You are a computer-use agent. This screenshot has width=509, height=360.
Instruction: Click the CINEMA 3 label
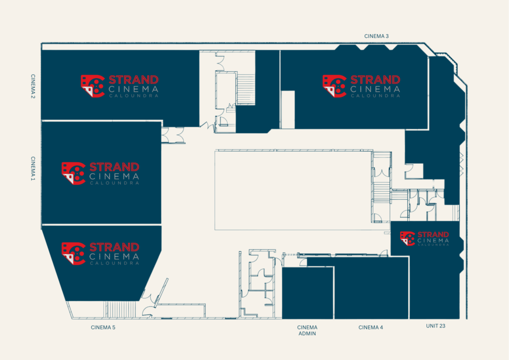(x=376, y=36)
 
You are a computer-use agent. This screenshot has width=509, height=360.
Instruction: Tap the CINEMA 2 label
(x=33, y=87)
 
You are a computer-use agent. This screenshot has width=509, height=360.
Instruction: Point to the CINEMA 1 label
(x=33, y=168)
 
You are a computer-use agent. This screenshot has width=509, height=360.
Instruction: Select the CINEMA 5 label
(x=103, y=327)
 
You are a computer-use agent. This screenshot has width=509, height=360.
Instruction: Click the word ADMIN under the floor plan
(x=307, y=333)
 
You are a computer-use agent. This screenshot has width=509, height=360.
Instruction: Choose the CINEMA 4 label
(x=371, y=327)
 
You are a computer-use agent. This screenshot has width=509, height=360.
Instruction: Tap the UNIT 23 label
(x=435, y=326)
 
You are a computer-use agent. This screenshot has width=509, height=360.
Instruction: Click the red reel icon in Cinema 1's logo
(x=74, y=174)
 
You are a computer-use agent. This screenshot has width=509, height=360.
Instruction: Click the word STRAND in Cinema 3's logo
(x=375, y=80)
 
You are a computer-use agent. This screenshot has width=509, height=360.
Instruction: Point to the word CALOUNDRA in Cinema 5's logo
(x=114, y=263)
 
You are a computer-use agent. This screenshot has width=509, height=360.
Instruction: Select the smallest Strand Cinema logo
(x=424, y=239)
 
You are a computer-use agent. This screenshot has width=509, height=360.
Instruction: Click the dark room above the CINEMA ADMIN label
(x=308, y=293)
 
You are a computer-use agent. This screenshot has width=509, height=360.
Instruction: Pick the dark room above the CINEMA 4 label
(x=371, y=288)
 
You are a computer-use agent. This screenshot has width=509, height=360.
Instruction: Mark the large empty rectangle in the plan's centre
(x=293, y=190)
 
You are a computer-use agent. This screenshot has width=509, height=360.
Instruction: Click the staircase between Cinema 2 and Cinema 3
(x=246, y=89)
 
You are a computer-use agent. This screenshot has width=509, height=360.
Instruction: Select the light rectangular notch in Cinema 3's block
(x=288, y=110)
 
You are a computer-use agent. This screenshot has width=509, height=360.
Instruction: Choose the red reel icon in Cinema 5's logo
(x=74, y=254)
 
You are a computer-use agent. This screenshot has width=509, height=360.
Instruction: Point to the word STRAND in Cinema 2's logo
(x=133, y=80)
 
